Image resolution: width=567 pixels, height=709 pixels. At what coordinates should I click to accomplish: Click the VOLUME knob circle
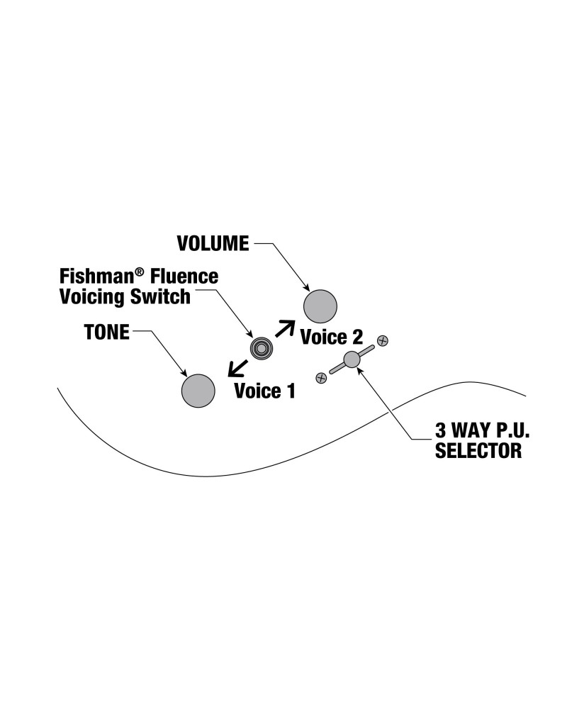click(x=320, y=306)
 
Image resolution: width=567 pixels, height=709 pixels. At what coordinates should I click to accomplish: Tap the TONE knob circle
click(x=198, y=390)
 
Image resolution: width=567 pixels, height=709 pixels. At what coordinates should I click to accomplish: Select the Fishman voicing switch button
click(x=262, y=348)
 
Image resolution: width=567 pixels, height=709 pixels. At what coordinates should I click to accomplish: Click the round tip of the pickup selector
click(x=352, y=359)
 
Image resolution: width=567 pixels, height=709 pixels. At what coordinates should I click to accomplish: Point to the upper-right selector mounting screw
click(x=383, y=341)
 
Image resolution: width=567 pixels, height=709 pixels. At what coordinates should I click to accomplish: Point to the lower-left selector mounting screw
click(x=321, y=377)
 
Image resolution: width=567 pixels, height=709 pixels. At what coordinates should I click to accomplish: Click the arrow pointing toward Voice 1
click(x=237, y=367)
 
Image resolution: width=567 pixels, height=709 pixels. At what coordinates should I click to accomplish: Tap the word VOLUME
click(x=213, y=243)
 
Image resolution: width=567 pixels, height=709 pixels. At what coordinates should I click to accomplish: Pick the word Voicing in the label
click(x=90, y=296)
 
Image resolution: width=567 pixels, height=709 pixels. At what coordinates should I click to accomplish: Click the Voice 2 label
click(x=332, y=337)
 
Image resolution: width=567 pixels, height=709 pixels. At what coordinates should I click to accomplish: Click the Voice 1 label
click(x=264, y=390)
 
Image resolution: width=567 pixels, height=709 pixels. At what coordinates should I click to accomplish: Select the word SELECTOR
click(x=478, y=451)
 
